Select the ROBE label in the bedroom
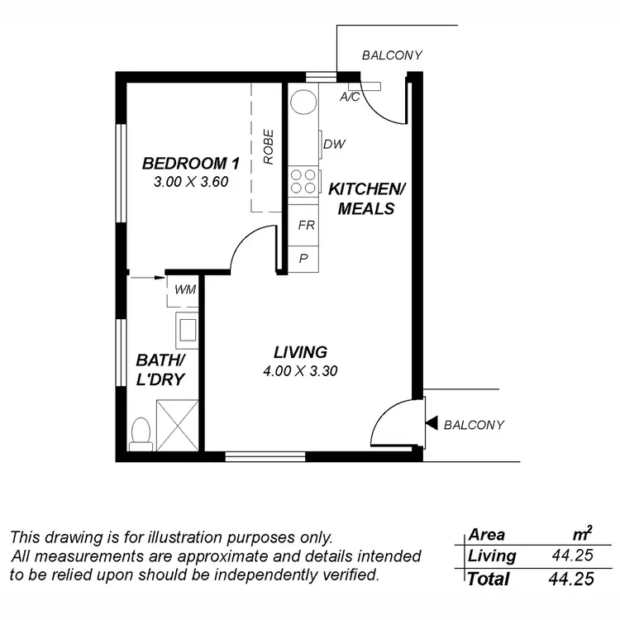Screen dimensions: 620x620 click(269, 146)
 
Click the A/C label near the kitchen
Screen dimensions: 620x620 click(350, 97)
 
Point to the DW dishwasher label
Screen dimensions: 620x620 click(334, 145)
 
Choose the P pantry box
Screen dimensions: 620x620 click(304, 258)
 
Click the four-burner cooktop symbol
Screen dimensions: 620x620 click(303, 181)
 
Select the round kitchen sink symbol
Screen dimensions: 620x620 click(303, 102)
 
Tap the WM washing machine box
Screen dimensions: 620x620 click(185, 290)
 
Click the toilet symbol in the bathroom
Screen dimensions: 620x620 click(141, 433)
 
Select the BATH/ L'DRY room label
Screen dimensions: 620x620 click(160, 370)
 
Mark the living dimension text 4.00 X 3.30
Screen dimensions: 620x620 click(290, 371)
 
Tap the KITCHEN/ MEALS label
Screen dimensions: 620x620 click(366, 198)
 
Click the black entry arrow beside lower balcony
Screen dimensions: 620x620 click(432, 424)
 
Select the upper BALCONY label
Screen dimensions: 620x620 click(392, 55)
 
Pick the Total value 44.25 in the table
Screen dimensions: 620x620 click(571, 579)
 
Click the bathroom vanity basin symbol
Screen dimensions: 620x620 click(186, 331)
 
